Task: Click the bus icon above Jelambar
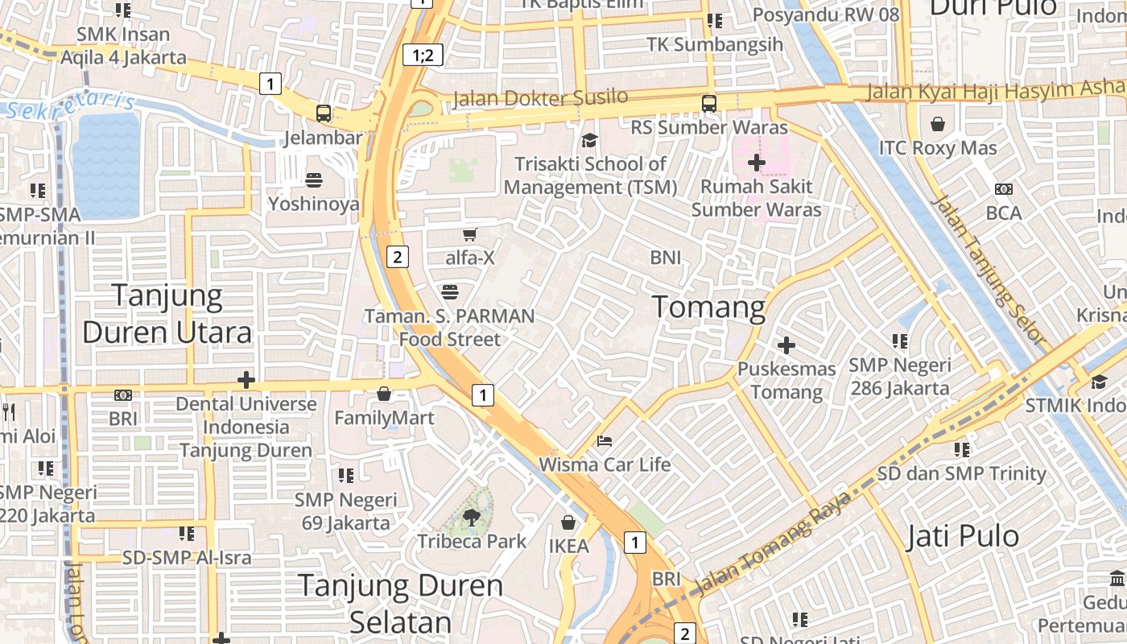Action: click(x=324, y=114)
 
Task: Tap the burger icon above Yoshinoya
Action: click(x=314, y=180)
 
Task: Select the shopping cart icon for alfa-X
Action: click(x=470, y=234)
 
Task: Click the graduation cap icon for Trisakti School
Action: click(x=590, y=141)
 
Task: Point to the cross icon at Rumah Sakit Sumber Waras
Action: click(x=756, y=163)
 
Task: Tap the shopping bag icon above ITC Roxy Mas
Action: click(x=937, y=124)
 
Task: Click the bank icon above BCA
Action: click(x=1003, y=189)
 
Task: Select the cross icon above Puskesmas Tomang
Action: click(x=786, y=345)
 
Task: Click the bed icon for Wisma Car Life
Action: click(x=605, y=440)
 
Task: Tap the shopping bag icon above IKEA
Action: click(x=568, y=522)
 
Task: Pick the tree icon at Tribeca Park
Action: click(x=472, y=518)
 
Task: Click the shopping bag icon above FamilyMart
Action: click(x=384, y=394)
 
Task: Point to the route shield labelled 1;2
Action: click(x=423, y=55)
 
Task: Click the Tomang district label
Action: click(x=708, y=307)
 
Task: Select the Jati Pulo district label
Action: click(x=963, y=535)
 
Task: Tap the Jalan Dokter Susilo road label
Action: click(x=540, y=98)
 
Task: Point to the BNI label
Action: click(x=666, y=258)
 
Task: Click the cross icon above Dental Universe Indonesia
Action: click(x=246, y=379)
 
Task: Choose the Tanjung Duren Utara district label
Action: click(x=167, y=314)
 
